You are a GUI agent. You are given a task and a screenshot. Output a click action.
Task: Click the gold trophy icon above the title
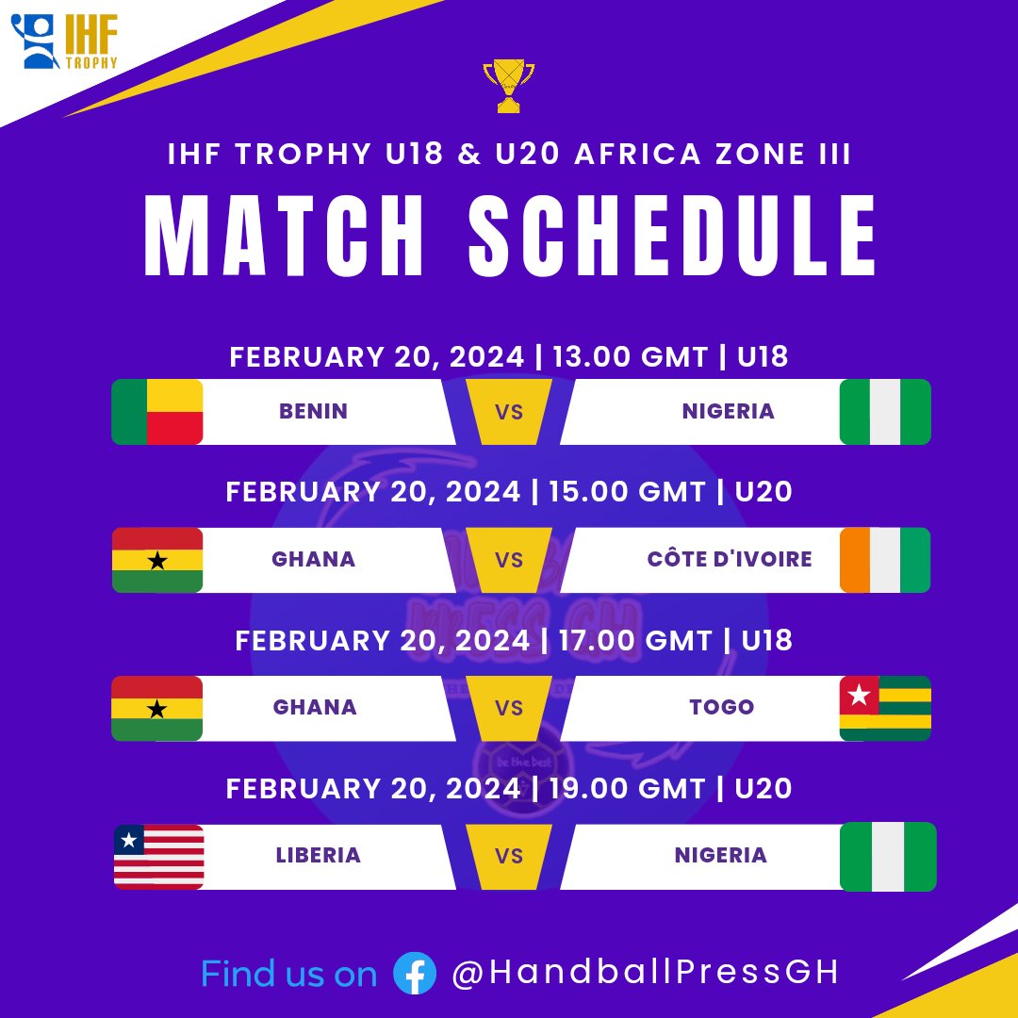(508, 87)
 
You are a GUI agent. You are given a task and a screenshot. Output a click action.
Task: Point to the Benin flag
(157, 412)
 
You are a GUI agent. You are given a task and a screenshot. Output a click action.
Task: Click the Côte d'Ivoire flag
(885, 560)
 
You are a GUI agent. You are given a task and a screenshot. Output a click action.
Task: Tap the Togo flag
(885, 708)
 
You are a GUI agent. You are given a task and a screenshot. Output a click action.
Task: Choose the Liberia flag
(159, 857)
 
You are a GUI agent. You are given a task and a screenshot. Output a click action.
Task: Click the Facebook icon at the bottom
(415, 973)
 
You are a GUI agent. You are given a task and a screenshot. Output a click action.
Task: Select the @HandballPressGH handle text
(646, 973)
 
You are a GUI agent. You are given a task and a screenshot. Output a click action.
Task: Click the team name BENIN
(313, 412)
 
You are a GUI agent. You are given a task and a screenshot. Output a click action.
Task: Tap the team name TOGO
(722, 708)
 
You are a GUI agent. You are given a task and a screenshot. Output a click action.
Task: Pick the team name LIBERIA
(319, 857)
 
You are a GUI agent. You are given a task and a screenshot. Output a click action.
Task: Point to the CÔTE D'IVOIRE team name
(730, 560)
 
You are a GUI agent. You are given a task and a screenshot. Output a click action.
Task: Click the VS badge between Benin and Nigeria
(509, 412)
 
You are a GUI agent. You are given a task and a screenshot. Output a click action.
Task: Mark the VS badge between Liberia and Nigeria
(509, 857)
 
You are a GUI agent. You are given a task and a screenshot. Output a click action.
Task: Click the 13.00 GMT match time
(630, 357)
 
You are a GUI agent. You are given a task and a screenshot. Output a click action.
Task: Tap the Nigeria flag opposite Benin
(885, 412)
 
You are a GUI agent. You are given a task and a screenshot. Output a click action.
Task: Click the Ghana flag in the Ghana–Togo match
(157, 708)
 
